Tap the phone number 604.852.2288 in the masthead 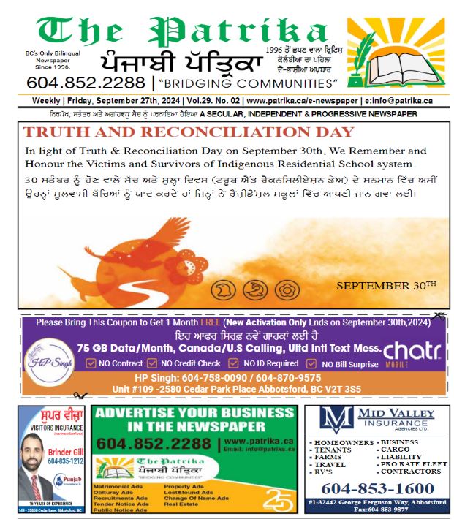click(x=86, y=82)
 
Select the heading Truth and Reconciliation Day click(x=189, y=132)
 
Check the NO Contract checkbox click(x=91, y=363)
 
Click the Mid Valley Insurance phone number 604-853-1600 click(x=378, y=488)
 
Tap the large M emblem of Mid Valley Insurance click(x=338, y=421)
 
